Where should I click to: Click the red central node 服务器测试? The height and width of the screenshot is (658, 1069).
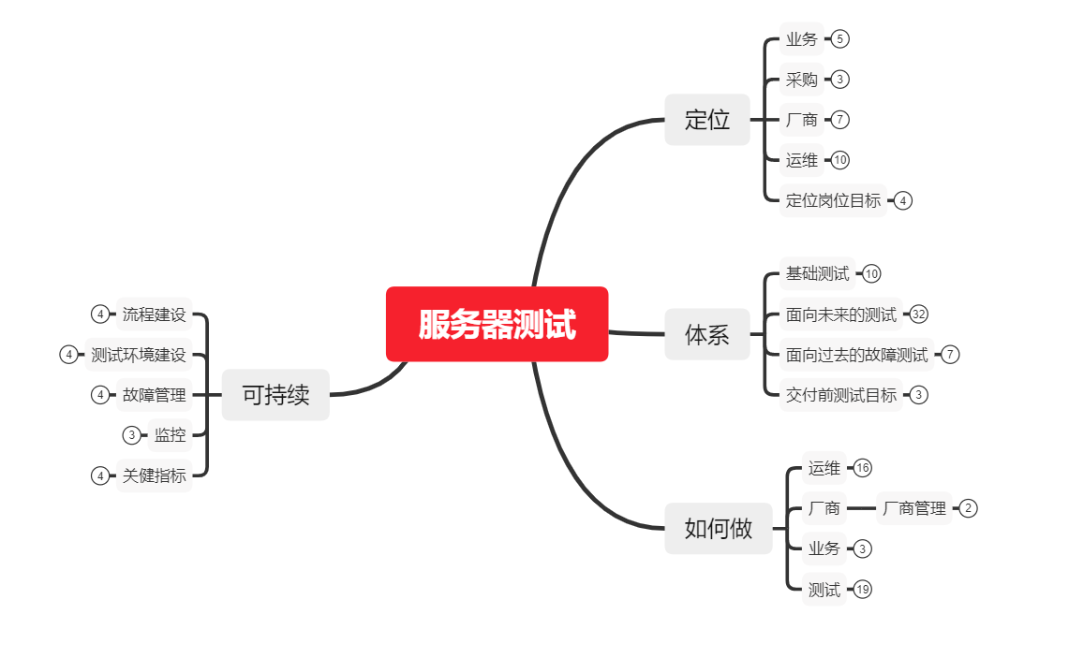point(497,324)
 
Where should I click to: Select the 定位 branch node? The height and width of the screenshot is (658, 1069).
point(707,120)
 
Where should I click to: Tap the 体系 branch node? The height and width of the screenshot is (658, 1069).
point(707,334)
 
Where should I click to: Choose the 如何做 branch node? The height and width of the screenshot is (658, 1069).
point(719,528)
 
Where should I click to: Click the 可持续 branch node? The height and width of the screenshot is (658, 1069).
point(275,395)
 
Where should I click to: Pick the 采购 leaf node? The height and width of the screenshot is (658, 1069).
point(801,80)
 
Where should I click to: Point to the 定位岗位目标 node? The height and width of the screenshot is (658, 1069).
point(833,200)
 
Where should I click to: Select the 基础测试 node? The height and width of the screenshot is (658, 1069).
point(817,274)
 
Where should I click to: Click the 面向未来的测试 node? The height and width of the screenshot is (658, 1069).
point(840,314)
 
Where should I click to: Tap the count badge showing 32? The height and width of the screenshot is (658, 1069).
point(918,314)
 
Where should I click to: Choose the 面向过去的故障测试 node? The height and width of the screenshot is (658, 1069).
point(856,355)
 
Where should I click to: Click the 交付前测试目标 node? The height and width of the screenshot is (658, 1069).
point(840,395)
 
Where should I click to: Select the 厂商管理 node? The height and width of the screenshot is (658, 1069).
point(914,508)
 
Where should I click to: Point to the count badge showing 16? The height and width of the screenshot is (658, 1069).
point(863,468)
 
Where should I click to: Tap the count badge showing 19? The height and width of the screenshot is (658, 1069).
point(863,590)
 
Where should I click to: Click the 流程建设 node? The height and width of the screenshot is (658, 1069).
point(154,314)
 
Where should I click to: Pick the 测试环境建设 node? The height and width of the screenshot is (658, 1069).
point(139,355)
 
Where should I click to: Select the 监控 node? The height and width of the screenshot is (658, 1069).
point(170,435)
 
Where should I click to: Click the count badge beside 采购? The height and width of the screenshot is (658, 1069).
point(840,80)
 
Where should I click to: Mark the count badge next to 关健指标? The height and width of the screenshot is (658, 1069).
point(100,475)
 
